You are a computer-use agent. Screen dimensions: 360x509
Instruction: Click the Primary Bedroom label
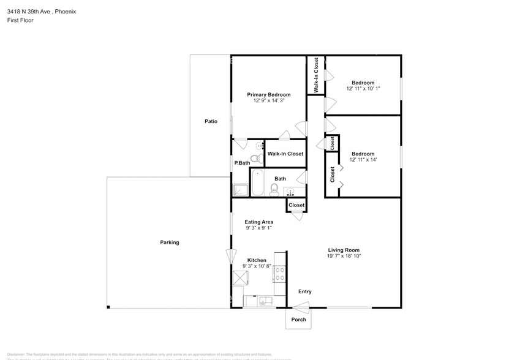point(268,95)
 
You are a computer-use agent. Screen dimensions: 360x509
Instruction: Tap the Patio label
point(211,121)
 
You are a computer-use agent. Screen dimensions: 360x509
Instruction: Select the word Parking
point(170,242)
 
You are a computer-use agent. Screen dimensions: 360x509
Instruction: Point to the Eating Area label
point(258,222)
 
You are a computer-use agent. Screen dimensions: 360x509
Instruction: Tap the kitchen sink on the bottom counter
point(263,301)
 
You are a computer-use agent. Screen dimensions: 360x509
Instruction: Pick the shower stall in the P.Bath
point(240,190)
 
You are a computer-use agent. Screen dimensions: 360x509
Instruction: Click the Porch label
point(298,320)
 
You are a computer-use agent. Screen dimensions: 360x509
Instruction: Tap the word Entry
point(304,291)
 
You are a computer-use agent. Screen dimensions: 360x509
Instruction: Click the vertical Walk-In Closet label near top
point(315,75)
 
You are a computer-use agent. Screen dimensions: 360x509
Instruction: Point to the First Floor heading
point(21,20)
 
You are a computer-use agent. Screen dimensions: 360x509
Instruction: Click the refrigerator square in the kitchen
point(239,279)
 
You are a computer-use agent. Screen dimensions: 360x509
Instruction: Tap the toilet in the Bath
point(274,189)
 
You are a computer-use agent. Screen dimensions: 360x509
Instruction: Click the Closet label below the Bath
point(296,205)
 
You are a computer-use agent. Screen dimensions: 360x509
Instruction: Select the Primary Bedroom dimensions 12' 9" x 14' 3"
point(268,101)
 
